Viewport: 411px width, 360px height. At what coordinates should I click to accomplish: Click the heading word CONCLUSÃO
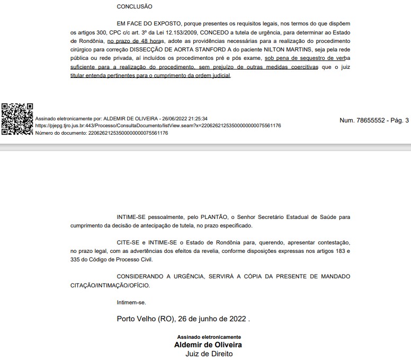pyautogui.click(x=134, y=7)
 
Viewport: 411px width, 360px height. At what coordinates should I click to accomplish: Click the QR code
pyautogui.click(x=17, y=119)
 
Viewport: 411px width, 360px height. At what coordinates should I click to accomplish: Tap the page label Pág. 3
pyautogui.click(x=397, y=120)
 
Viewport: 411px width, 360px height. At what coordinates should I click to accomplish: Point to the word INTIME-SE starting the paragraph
pyautogui.click(x=131, y=217)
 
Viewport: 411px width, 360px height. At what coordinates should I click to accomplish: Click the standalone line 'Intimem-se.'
pyautogui.click(x=131, y=302)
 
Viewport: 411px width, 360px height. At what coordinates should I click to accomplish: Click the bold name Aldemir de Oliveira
pyautogui.click(x=209, y=345)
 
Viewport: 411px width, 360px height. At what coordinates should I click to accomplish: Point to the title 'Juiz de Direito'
pyautogui.click(x=209, y=354)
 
